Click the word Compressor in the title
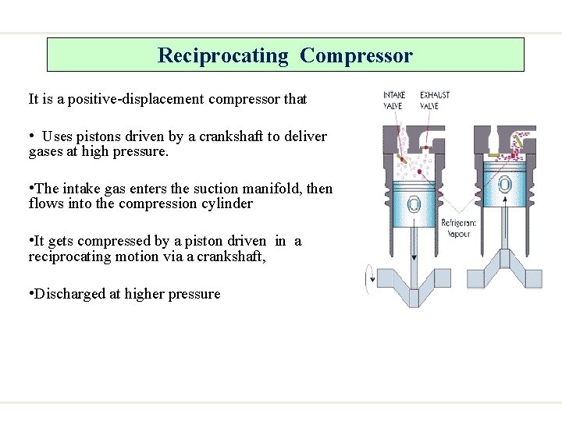pos(356,56)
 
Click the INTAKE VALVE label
pos(394,101)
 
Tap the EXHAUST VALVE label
pos(434,101)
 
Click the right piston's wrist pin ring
pos(504,184)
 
